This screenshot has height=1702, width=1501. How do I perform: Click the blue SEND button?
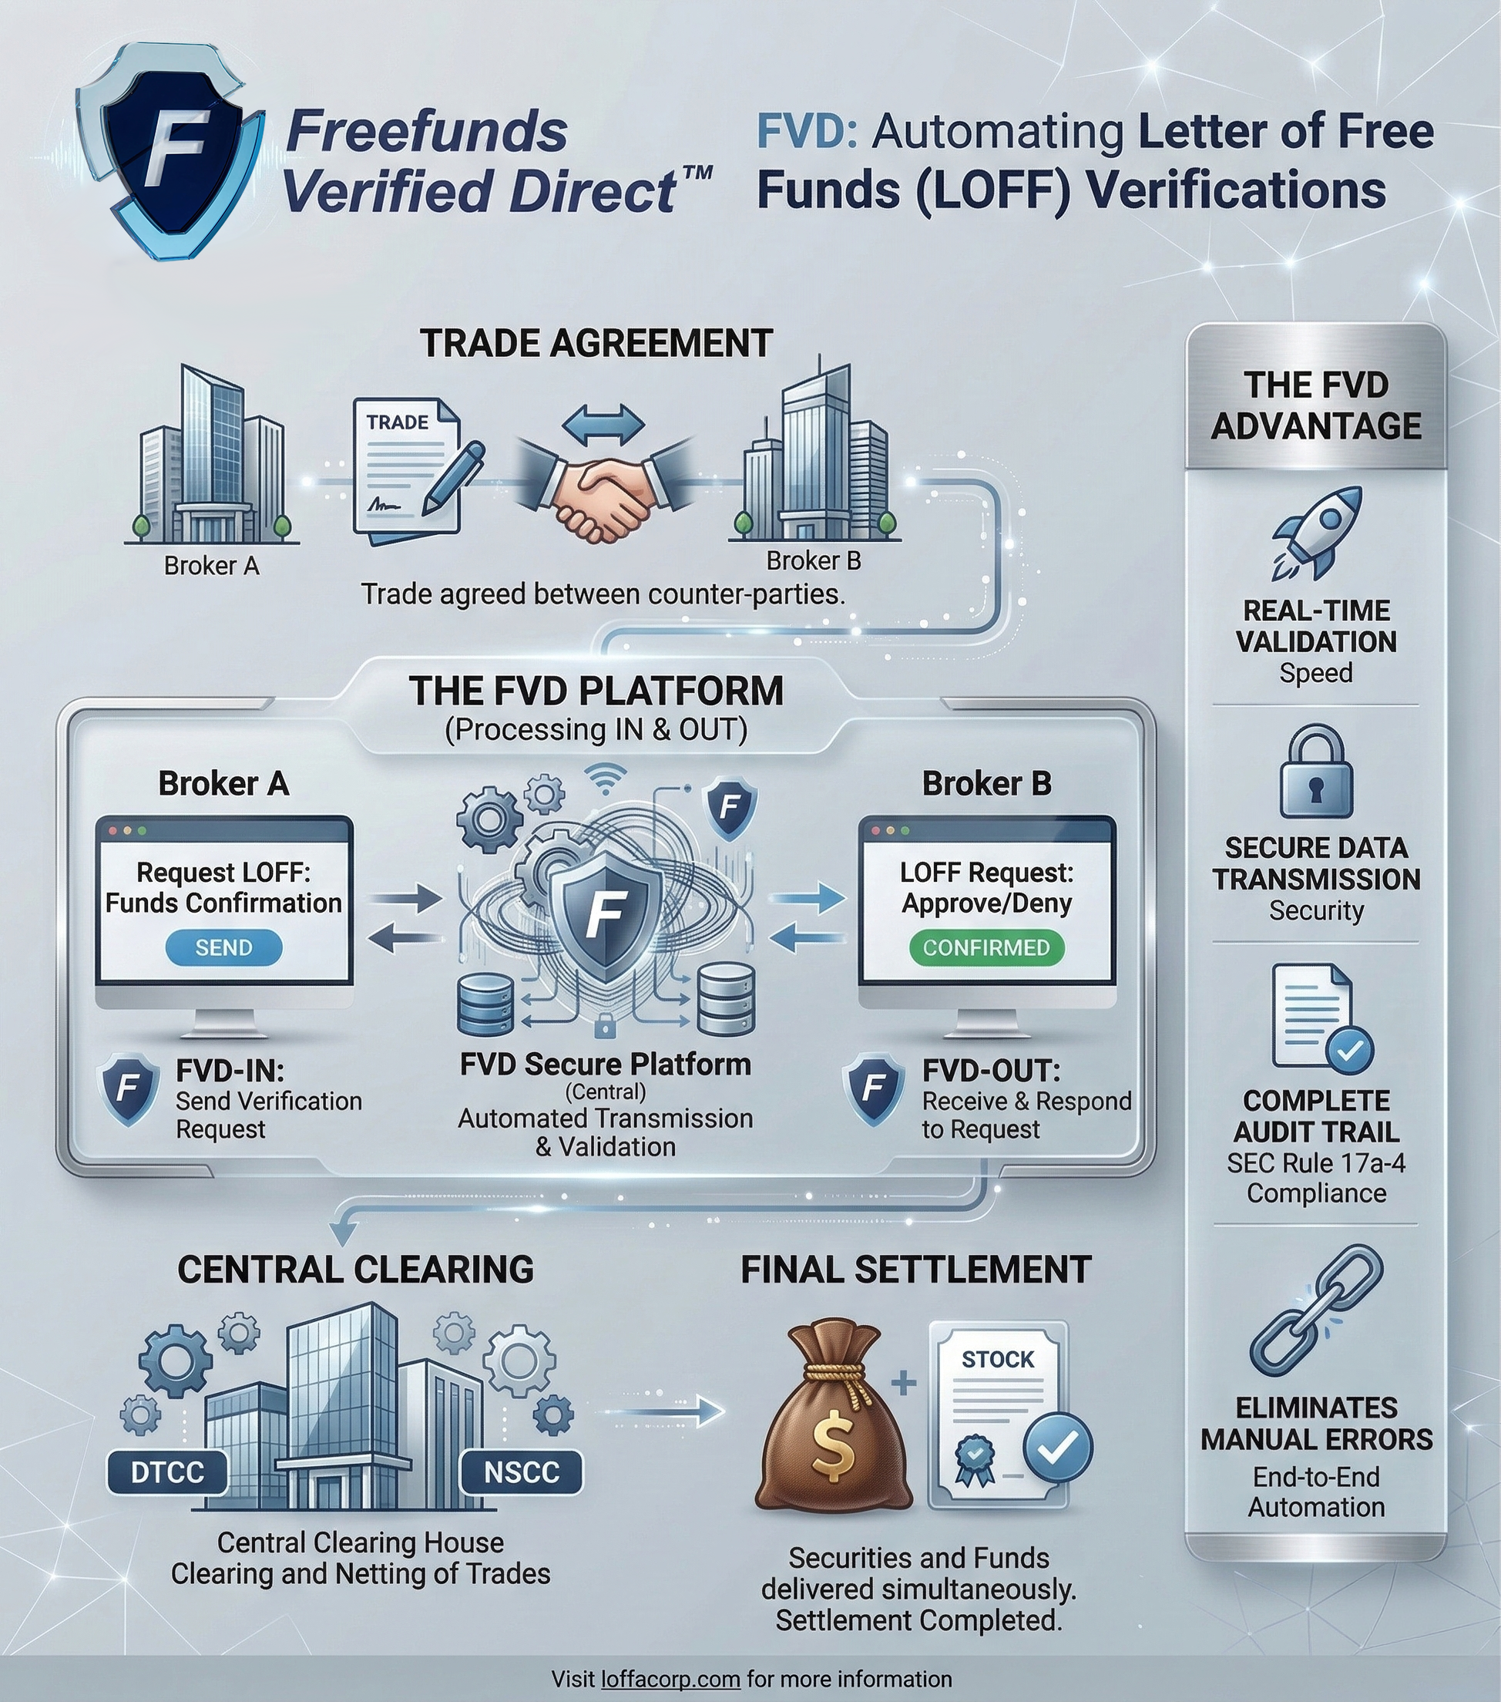coord(223,947)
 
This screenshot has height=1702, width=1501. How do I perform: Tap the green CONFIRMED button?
coord(986,947)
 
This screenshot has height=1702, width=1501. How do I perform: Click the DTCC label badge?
coord(167,1472)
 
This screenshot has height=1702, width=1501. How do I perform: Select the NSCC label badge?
coord(521,1472)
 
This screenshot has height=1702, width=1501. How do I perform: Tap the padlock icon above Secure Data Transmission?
coord(1315,772)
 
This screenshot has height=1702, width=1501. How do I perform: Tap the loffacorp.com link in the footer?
coord(670,1679)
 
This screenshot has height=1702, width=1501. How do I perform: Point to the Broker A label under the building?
coord(211,567)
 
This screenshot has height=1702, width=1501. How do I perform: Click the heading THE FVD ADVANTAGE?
coord(1315,405)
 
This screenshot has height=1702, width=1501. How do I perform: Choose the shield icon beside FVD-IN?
coord(128,1089)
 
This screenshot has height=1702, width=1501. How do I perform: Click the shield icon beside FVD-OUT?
coord(874,1089)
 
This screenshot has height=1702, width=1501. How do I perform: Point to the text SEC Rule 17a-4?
coord(1315,1162)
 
